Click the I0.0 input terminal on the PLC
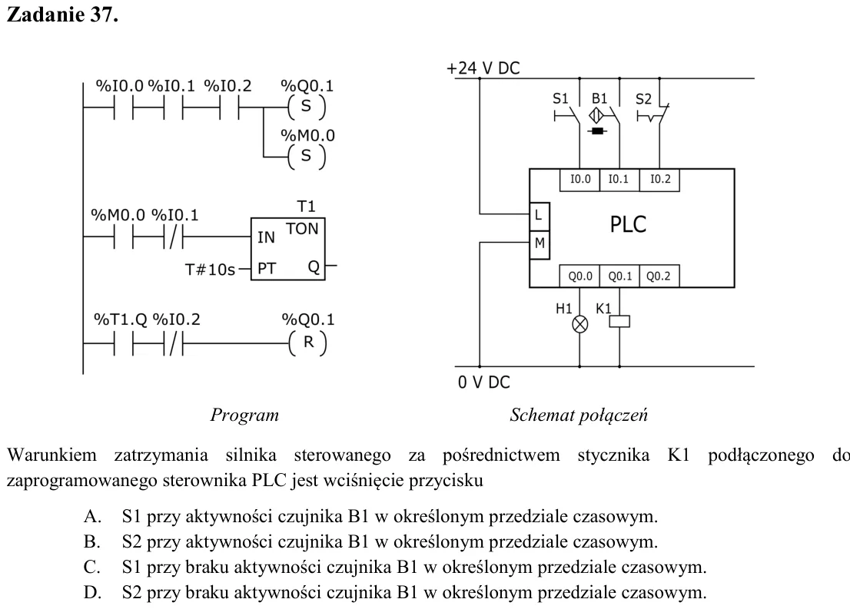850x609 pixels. [580, 180]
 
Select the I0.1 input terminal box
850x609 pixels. [619, 180]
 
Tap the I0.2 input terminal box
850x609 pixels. [659, 180]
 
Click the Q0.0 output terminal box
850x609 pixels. [580, 276]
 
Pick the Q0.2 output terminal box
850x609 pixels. [659, 276]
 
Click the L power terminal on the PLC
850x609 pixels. [540, 216]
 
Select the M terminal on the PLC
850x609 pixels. [540, 244]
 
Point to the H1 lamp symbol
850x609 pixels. [580, 325]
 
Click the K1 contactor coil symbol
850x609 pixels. [619, 321]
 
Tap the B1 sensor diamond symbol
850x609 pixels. [596, 115]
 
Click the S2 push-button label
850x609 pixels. [643, 99]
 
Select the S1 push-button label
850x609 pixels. [560, 98]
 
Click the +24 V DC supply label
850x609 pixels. [483, 68]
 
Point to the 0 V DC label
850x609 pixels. [484, 382]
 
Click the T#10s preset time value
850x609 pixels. [211, 270]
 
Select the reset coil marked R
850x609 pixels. [308, 343]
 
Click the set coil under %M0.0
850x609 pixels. [307, 156]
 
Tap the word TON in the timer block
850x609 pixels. [302, 229]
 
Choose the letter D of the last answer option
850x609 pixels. [92, 592]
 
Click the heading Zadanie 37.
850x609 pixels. [62, 15]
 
